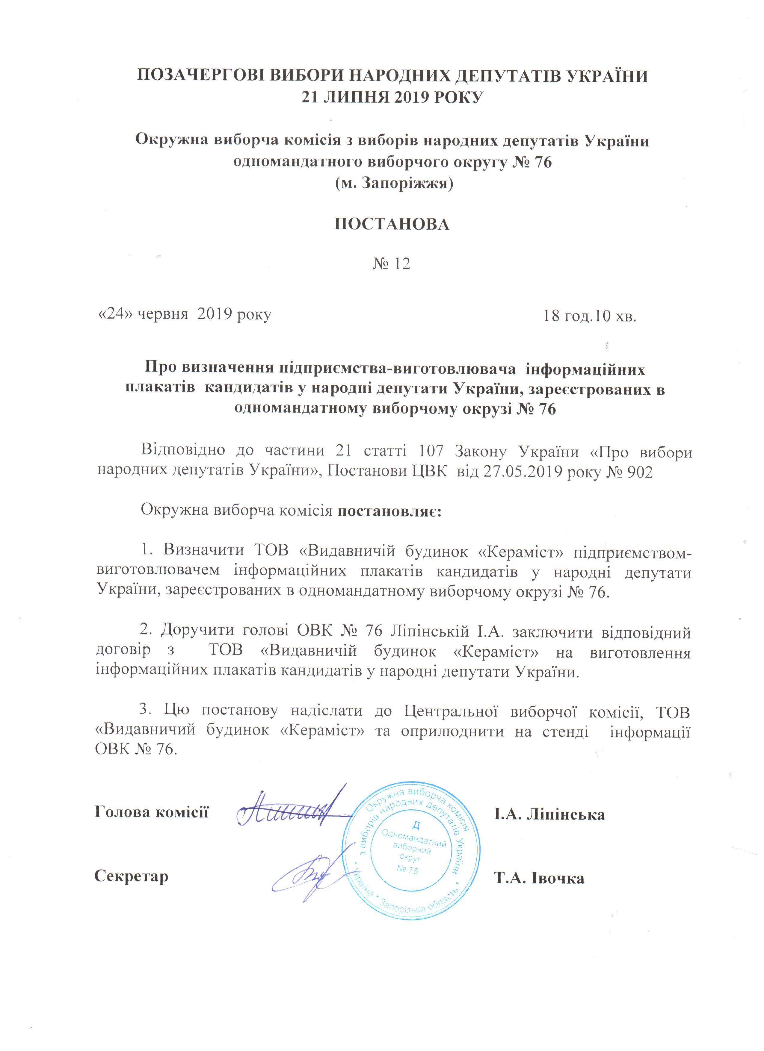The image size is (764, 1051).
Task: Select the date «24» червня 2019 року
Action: point(184,315)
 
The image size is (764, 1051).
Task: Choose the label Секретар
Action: point(131,876)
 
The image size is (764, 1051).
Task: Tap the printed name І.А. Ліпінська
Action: point(549,814)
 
